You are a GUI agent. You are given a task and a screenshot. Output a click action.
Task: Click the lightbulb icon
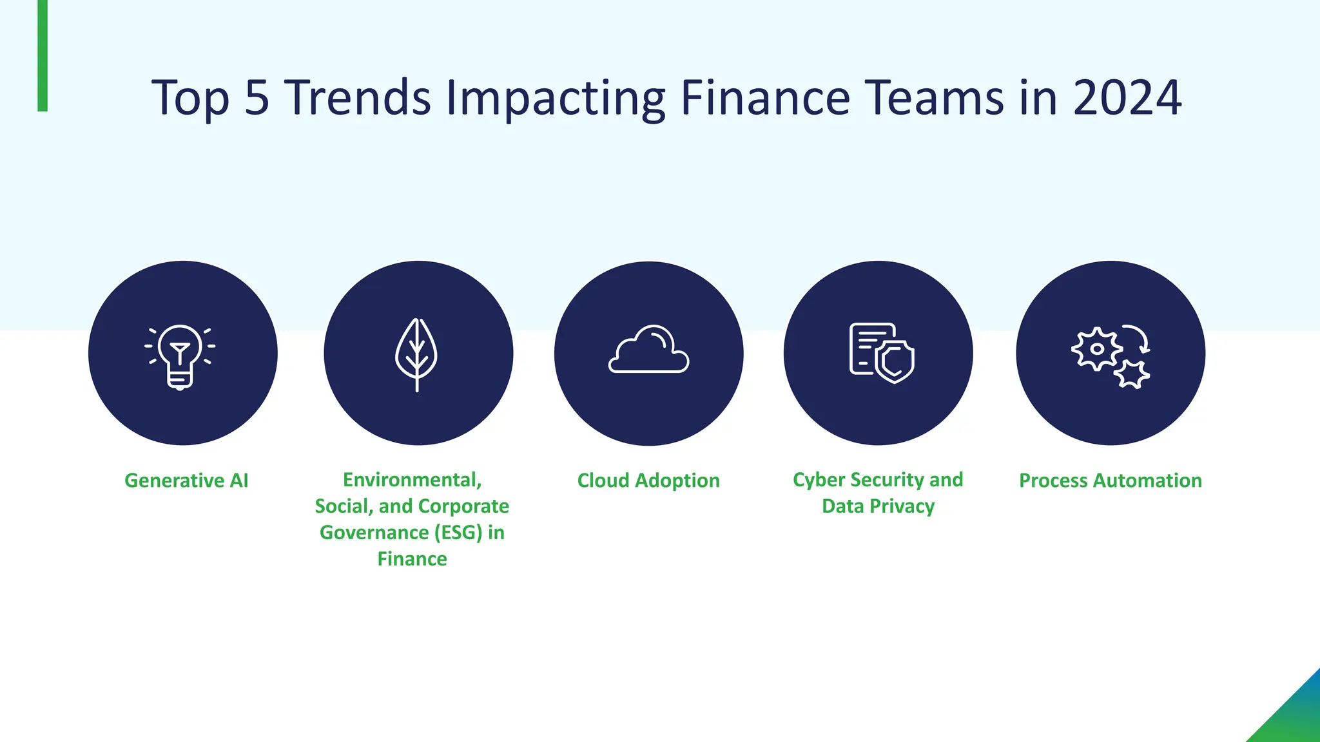click(180, 356)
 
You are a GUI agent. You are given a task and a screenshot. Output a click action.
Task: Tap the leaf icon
click(416, 354)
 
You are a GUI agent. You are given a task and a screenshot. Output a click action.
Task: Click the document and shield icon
click(881, 353)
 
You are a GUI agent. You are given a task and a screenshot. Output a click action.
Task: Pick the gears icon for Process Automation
click(1111, 356)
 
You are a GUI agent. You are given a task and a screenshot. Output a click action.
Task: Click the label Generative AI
click(186, 480)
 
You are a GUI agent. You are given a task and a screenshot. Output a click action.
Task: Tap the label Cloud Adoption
click(648, 480)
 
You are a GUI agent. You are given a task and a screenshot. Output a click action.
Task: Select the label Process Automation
click(1110, 480)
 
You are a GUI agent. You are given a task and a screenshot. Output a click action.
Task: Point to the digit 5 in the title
click(257, 98)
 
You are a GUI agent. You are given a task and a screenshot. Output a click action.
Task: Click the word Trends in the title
click(358, 98)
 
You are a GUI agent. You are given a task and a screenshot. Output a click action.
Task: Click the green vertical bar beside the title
click(43, 55)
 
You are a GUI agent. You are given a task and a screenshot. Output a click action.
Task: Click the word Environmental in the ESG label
click(412, 480)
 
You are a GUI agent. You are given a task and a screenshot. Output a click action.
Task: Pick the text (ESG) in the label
click(458, 533)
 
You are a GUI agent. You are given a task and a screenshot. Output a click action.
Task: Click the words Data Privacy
click(878, 506)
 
